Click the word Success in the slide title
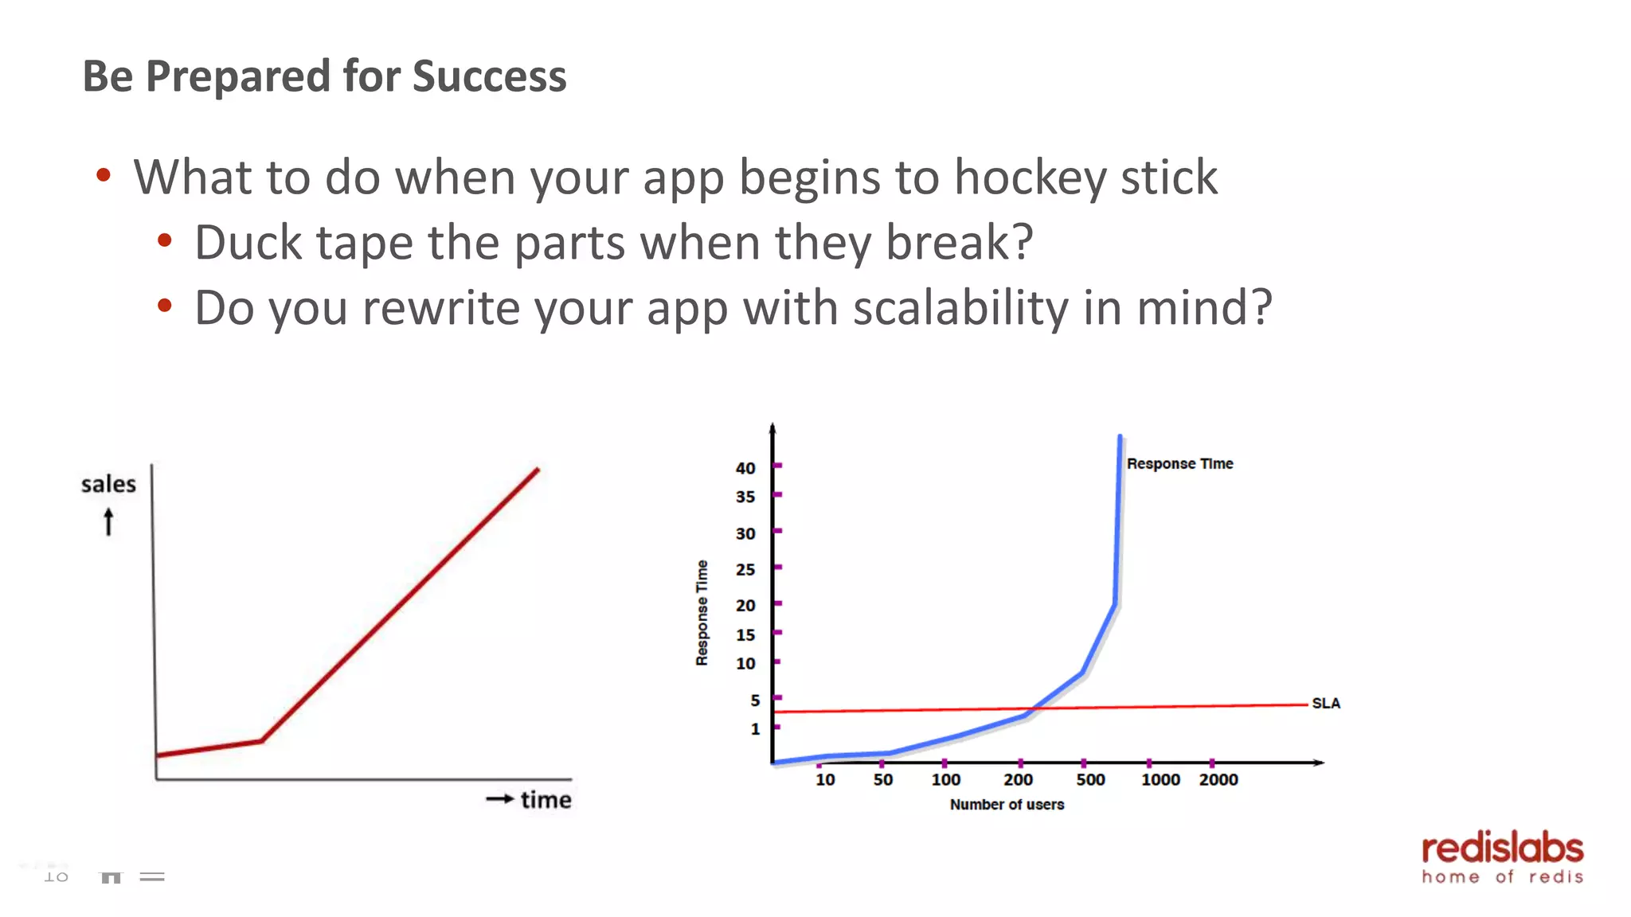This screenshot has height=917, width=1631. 489,77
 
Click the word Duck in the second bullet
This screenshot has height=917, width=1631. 248,243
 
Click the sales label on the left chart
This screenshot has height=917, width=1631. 108,484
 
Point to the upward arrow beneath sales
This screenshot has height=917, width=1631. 108,522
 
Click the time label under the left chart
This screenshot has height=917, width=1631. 546,800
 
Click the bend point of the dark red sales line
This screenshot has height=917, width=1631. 262,741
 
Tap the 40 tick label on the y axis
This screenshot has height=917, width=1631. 745,468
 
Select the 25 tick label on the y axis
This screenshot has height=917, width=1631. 745,569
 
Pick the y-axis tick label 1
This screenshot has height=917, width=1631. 754,728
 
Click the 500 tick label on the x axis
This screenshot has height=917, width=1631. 1090,780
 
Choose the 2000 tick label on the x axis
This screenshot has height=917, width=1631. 1218,780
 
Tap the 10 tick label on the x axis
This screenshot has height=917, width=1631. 825,780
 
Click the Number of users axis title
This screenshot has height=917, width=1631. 1007,805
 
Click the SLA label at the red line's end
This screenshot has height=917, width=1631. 1325,704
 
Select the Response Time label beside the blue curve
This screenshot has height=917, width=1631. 1179,464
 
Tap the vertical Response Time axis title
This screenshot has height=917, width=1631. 702,612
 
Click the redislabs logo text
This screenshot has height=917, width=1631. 1502,849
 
